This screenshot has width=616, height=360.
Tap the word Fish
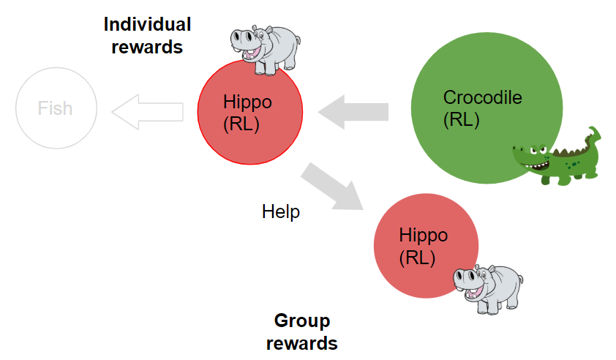point(55,108)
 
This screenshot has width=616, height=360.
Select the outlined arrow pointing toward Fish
point(148,112)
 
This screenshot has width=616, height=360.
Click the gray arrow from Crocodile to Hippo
point(353,112)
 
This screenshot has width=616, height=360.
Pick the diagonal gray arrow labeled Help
point(332,187)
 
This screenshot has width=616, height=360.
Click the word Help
point(281,211)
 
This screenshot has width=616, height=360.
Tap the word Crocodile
point(482,97)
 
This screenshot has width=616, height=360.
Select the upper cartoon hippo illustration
point(266,50)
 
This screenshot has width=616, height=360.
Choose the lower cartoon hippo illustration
point(488,289)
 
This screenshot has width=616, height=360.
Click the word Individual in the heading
point(147,24)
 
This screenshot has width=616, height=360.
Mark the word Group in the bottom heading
point(302,320)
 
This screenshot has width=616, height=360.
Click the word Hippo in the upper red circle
point(247,102)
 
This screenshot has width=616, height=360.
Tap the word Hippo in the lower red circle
point(424,236)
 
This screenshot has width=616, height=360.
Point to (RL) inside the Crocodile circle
point(461,120)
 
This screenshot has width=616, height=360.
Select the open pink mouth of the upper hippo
point(252,53)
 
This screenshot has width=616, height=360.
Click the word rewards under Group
point(301,343)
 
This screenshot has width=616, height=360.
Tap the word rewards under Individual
point(147,47)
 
